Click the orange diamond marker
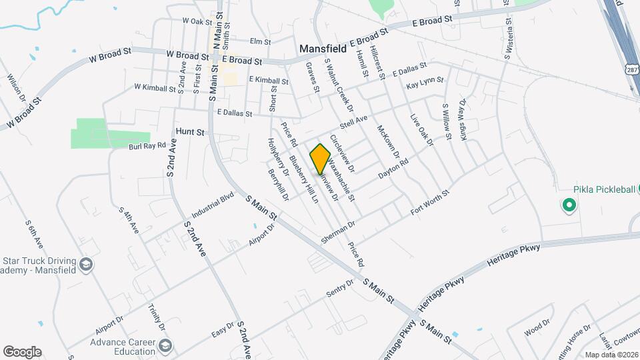pyautogui.click(x=321, y=159)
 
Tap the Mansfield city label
pyautogui.click(x=323, y=49)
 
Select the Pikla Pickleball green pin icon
pyautogui.click(x=569, y=206)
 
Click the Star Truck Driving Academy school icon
pyautogui.click(x=85, y=265)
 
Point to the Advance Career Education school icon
pyautogui.click(x=165, y=345)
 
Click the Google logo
pyautogui.click(x=22, y=352)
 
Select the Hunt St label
pyautogui.click(x=190, y=132)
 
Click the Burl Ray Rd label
pyautogui.click(x=147, y=145)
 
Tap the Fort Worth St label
pyautogui.click(x=430, y=201)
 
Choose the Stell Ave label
pyautogui.click(x=353, y=123)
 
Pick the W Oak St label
pyautogui.click(x=197, y=21)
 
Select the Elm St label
pyautogui.click(x=260, y=41)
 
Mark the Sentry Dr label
pyautogui.click(x=339, y=292)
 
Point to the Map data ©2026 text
pyautogui.click(x=611, y=354)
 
